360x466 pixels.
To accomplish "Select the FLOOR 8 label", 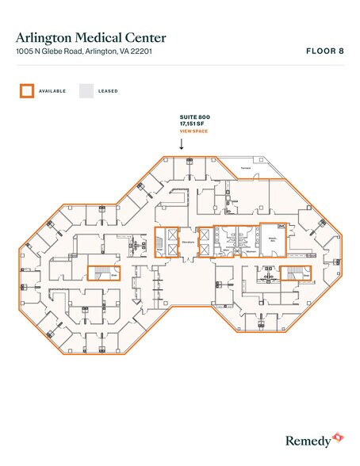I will pyautogui.click(x=324, y=51).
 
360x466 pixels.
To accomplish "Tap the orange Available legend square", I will pyautogui.click(x=26, y=90).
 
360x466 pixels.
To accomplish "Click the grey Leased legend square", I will pyautogui.click(x=86, y=90).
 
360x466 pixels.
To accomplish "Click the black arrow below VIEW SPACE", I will pyautogui.click(x=182, y=143).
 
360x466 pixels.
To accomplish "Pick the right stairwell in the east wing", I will pyautogui.click(x=295, y=274).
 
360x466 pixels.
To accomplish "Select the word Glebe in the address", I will pyautogui.click(x=54, y=52).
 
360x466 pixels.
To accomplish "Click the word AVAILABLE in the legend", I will pyautogui.click(x=52, y=91).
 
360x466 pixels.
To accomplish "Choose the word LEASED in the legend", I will pyautogui.click(x=108, y=91).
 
